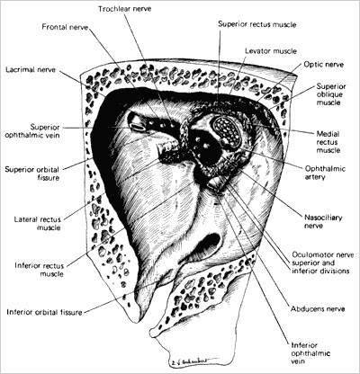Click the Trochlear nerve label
click(125, 9)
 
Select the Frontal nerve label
click(65, 27)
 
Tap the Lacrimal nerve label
click(31, 70)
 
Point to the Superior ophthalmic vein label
click(32, 131)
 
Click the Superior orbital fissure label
click(32, 174)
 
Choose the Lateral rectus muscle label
click(38, 224)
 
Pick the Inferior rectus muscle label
click(40, 270)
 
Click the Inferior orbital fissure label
click(44, 312)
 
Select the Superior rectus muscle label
click(257, 24)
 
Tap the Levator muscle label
click(271, 51)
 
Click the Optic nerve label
click(324, 65)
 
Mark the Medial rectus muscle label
click(328, 142)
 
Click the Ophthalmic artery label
click(325, 173)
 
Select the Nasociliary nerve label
click(323, 221)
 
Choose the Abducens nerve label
click(318, 309)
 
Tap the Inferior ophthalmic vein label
click(310, 353)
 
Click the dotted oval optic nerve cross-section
click(225, 131)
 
